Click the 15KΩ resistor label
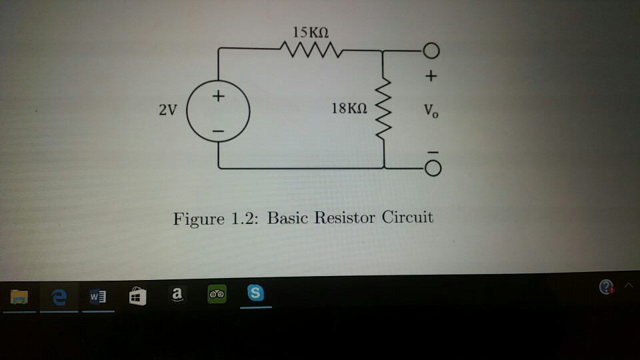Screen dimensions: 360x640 coord(311,31)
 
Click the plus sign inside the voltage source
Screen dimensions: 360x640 coord(218,97)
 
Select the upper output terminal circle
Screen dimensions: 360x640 coord(431,51)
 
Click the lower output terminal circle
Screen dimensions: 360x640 coord(431,169)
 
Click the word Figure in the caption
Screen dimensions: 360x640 coord(199,219)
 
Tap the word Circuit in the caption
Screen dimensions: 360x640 coord(408,217)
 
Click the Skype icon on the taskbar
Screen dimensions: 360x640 coord(255,293)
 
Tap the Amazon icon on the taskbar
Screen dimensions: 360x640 coord(176,294)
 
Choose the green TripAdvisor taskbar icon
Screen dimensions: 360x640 coord(217,294)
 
